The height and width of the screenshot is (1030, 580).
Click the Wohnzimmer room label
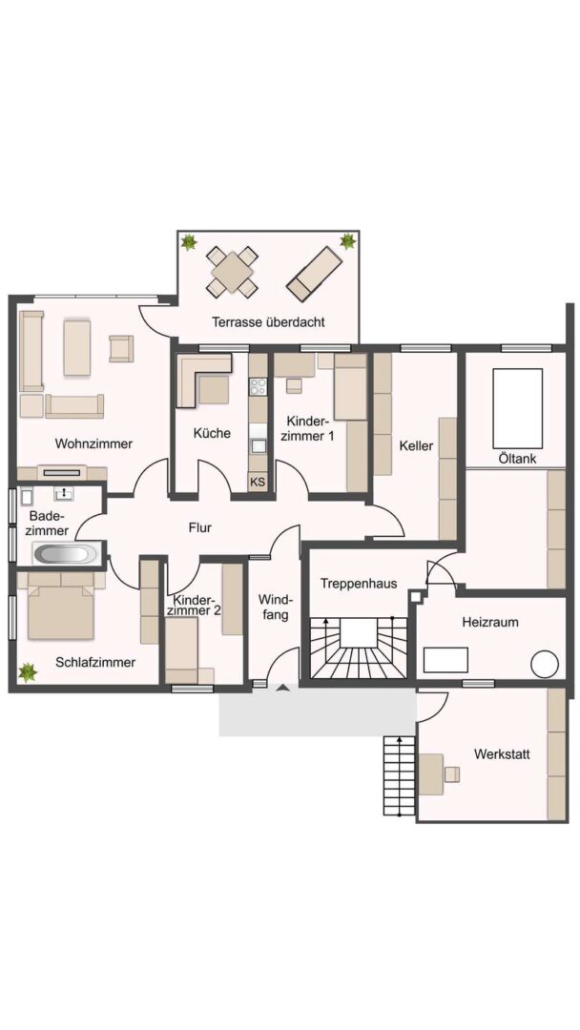coord(93,443)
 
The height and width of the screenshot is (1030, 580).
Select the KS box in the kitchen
coord(258,482)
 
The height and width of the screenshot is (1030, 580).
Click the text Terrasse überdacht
coord(268,322)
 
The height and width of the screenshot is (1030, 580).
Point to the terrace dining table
coord(232,270)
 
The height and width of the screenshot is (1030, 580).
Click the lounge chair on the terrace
coord(315,274)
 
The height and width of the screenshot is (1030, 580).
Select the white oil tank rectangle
coord(518,408)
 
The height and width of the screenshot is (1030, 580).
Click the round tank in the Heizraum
coord(545,664)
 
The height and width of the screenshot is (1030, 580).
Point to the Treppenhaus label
coord(358,584)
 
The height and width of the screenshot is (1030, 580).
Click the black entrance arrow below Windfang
coord(282,688)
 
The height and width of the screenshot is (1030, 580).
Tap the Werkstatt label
coord(502,754)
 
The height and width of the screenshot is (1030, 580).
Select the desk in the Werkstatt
coord(431,773)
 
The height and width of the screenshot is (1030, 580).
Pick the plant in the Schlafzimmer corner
coord(28,672)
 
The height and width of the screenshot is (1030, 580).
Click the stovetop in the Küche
coord(259,385)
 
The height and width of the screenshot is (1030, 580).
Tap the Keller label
coord(417,446)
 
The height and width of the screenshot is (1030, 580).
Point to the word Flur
coord(199,526)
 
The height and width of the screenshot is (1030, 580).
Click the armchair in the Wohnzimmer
coord(121,348)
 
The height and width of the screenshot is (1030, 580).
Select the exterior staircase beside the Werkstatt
coord(400,775)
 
